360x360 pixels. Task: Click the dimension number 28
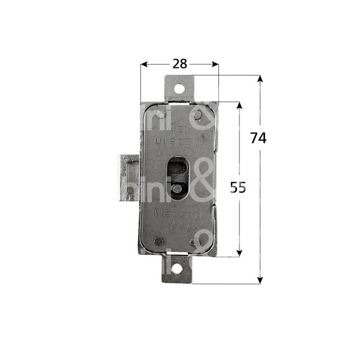pos(179,63)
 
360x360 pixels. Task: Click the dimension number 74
pos(258,137)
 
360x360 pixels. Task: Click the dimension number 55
pos(238,187)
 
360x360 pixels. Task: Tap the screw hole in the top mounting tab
pos(178,88)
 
